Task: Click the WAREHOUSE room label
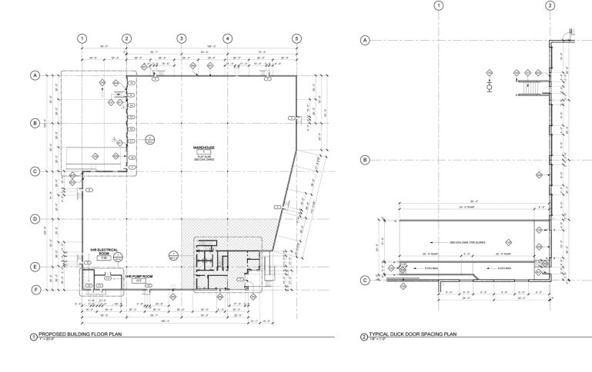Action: pos(204,146)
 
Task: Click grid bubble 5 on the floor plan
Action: pos(296,38)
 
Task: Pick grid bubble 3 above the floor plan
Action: pos(182,38)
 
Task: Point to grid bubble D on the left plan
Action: pos(35,219)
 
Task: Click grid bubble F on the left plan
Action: pos(35,290)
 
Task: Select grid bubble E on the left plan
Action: pos(35,267)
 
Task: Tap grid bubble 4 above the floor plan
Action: pos(228,38)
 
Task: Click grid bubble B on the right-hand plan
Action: pos(366,160)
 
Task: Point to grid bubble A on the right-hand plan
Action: pos(366,39)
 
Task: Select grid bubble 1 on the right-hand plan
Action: pos(440,6)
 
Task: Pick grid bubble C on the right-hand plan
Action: pos(366,280)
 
